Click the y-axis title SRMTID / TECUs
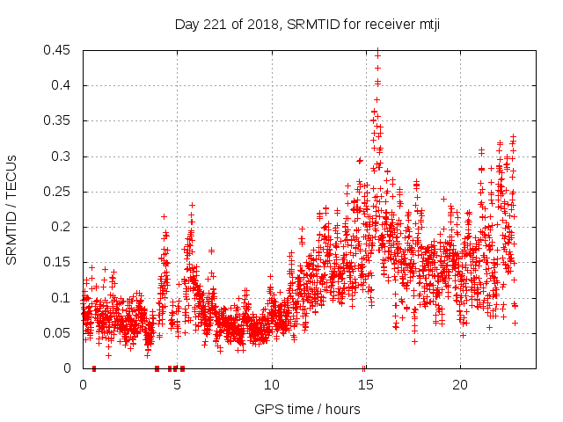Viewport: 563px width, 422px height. (12, 209)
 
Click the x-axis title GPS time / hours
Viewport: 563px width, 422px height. (307, 409)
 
